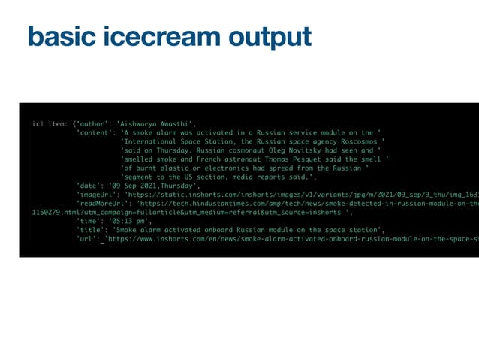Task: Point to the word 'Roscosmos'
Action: click(x=360, y=141)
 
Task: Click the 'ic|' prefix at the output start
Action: click(x=37, y=124)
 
